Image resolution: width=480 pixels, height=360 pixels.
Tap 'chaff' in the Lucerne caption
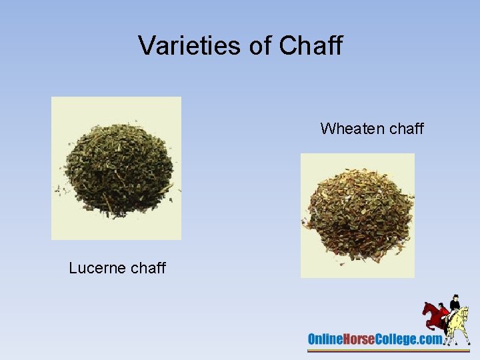[x=148, y=268]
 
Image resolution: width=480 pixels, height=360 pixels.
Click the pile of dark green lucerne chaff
[x=116, y=169]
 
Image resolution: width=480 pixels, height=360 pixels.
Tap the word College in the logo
[x=396, y=339]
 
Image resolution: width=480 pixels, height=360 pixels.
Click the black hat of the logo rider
[x=456, y=297]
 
